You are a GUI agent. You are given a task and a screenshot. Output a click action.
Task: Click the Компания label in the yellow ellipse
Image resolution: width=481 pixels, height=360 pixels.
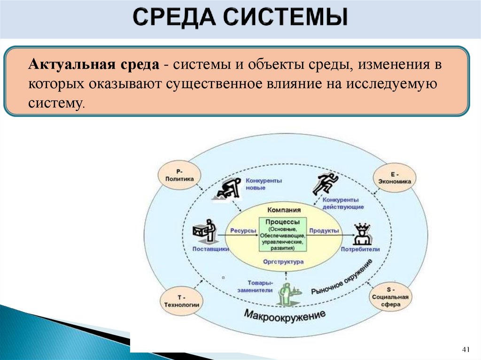click(x=284, y=210)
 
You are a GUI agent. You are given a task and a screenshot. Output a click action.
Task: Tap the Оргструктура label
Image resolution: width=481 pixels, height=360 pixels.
click(x=283, y=262)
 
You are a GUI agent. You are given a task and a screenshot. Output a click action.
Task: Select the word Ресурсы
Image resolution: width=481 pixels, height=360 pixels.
click(x=243, y=231)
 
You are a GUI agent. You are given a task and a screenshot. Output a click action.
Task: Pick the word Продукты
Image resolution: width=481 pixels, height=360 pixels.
click(x=325, y=231)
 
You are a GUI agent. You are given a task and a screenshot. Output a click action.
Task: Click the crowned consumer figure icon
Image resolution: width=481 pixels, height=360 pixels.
click(x=362, y=233)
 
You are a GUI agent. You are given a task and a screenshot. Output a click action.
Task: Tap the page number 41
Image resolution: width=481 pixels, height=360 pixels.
click(x=466, y=350)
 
